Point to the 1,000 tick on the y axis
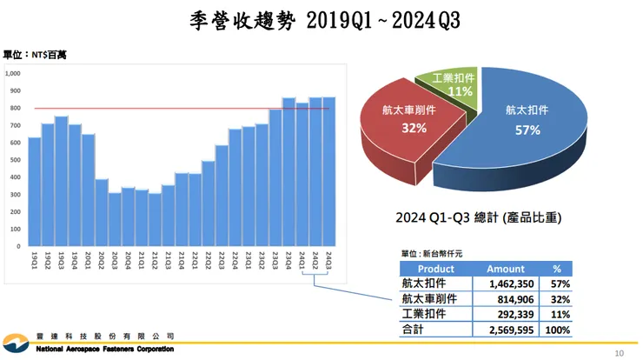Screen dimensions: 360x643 [13, 74]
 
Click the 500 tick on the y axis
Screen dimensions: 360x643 [15, 160]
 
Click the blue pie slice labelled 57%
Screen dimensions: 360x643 [530, 122]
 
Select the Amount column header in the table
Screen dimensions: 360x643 [506, 270]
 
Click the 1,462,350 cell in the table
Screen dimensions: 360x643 [506, 284]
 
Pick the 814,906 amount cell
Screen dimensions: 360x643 [506, 299]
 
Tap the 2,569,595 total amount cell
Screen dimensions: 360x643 [506, 330]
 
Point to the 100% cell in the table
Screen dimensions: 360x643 [557, 330]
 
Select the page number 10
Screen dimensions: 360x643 [619, 353]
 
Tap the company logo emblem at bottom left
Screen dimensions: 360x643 [17, 342]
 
